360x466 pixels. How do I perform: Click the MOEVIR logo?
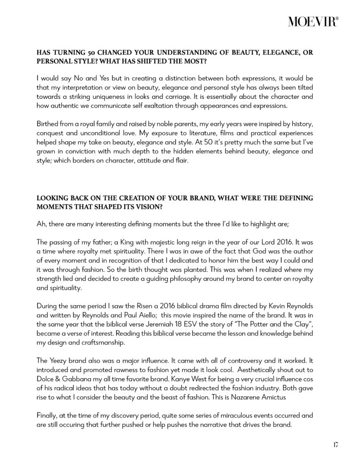tap(313, 21)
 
